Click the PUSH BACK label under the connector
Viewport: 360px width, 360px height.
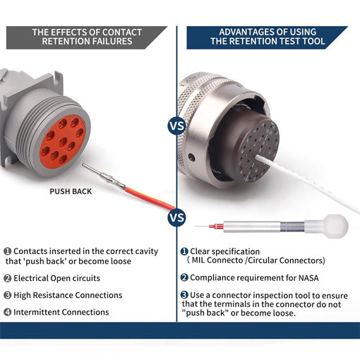[x=71, y=191]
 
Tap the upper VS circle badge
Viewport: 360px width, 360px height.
[x=176, y=126]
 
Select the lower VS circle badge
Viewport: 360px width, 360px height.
[x=176, y=217]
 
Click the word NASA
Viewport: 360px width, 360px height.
[x=308, y=278]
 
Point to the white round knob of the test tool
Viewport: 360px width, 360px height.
[x=336, y=227]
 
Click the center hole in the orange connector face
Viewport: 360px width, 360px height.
[x=63, y=142]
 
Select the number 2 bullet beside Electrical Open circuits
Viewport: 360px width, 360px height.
[x=8, y=278]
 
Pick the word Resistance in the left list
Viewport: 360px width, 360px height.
[x=53, y=295]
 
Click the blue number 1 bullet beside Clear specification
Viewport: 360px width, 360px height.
[x=184, y=251]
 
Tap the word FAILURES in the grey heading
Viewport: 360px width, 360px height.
[x=112, y=42]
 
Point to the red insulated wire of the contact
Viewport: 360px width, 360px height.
[x=150, y=198]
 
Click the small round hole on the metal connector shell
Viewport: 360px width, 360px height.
[x=191, y=157]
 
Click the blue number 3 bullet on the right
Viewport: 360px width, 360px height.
[x=184, y=294]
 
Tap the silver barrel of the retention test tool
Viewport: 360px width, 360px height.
[x=252, y=227]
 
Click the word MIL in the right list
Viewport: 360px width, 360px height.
[x=198, y=260]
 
